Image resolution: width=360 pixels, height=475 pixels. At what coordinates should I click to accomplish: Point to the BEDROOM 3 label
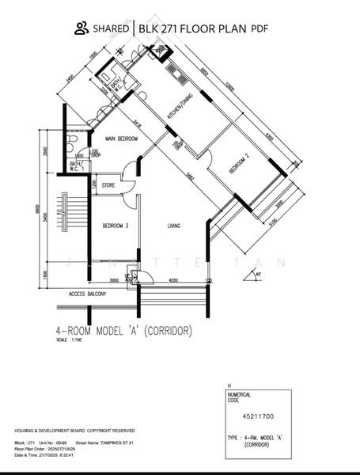[x=116, y=226]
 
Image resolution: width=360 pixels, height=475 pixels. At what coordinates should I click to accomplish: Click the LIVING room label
[x=174, y=226]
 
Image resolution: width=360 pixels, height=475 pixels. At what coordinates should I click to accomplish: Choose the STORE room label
[x=108, y=188]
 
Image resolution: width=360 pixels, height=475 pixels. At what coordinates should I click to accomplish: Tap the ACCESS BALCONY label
[x=88, y=294]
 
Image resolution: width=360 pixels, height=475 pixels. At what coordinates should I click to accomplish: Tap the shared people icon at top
[x=81, y=28]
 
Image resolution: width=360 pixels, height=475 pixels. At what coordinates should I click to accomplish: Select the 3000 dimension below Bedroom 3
[x=114, y=280]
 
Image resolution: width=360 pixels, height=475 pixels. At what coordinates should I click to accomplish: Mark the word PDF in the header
[x=260, y=29]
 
